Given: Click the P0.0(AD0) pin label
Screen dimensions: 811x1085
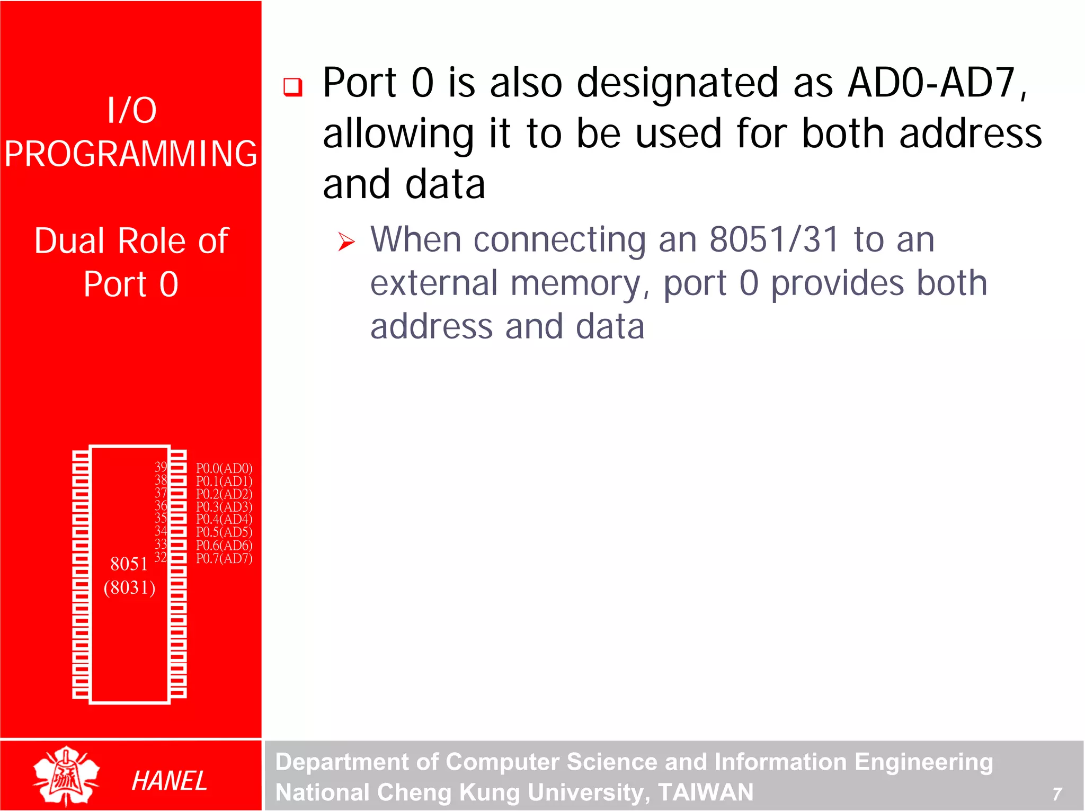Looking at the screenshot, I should [224, 468].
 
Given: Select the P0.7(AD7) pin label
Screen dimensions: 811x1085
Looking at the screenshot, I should [224, 558].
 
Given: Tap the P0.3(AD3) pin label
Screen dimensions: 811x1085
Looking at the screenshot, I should [224, 507].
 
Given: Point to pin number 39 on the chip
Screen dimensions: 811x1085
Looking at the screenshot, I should [161, 467].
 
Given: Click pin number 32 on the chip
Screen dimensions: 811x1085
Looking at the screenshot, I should [161, 557].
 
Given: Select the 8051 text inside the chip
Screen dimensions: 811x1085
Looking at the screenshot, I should [129, 564].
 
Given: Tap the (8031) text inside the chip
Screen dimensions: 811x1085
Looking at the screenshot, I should [129, 587].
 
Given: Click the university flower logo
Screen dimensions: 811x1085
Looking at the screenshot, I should [66, 776].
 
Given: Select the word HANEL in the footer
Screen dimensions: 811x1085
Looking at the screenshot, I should [169, 781].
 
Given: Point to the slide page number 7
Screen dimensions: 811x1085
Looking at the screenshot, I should [1056, 794].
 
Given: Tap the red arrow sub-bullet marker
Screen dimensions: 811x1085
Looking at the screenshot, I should [346, 242].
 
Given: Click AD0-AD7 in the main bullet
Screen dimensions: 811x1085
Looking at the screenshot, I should [937, 83].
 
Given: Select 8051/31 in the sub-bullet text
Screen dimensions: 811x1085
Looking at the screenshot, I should [774, 239].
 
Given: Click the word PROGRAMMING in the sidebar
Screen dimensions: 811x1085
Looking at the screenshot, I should [131, 154].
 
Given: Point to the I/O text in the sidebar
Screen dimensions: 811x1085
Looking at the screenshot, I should [131, 110].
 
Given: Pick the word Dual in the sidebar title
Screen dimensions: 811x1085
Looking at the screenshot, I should [69, 241].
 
